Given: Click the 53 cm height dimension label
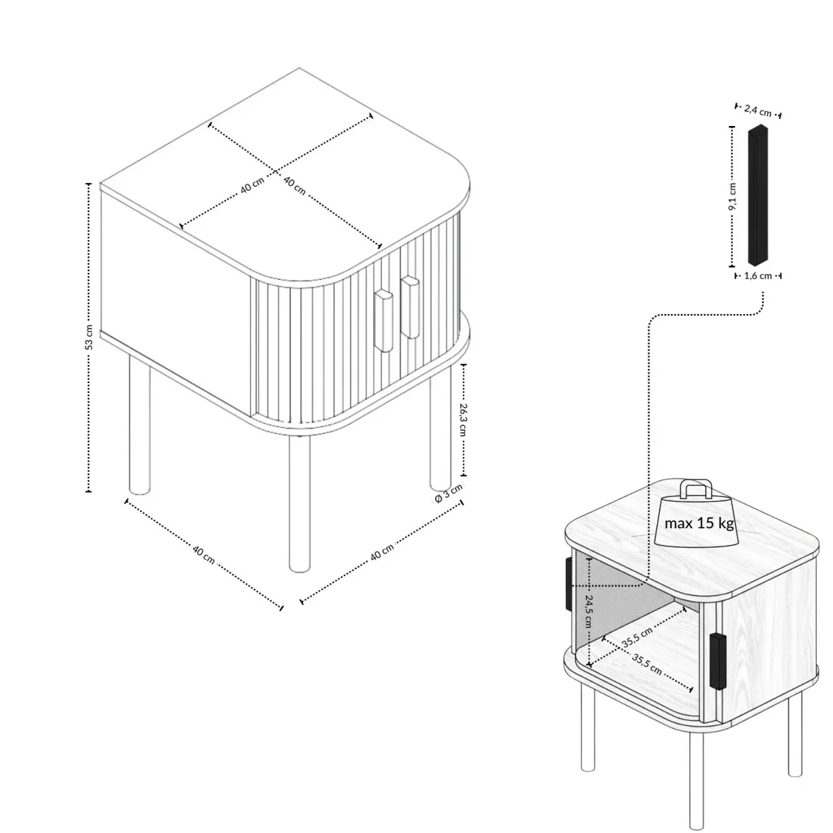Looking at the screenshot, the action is coord(89,337).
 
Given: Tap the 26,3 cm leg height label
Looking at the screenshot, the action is coord(463,419).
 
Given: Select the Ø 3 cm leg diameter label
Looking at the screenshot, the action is coord(449,493).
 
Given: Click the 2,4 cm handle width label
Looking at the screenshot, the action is coord(758,110).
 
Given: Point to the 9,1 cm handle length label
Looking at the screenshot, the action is coord(732,197).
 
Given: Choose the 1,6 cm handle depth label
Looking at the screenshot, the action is coord(758,276).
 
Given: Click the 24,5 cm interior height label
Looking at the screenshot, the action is coord(589,611).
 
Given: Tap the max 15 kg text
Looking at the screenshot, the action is coord(699,523).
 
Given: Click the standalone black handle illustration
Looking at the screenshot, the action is coord(758,195).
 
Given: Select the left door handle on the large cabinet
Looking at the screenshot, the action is coord(384,320).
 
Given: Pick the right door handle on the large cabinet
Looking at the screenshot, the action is coord(410,307).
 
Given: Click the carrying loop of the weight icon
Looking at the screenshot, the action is coord(696,488).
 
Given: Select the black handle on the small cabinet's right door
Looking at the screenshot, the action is coord(718,661).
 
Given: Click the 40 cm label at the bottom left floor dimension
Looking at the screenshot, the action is coord(204,555).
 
